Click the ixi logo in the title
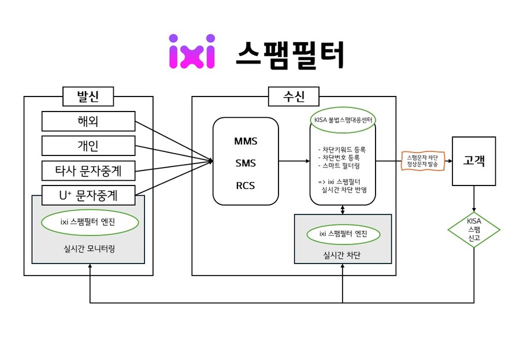click(x=192, y=51)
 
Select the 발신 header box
click(x=88, y=97)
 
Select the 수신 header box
click(x=294, y=97)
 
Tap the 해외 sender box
click(x=88, y=121)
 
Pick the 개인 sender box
click(x=88, y=146)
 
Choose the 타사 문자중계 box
click(x=88, y=170)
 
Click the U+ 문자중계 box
click(x=88, y=195)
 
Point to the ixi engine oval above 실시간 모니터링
click(x=90, y=222)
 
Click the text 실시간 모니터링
click(x=89, y=249)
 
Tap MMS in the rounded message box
click(x=246, y=142)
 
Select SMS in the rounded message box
click(x=246, y=164)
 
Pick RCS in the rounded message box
click(x=246, y=185)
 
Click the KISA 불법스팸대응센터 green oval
click(x=343, y=120)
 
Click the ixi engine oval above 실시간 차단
click(x=343, y=234)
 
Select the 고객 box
click(x=474, y=161)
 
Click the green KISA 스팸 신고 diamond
click(x=474, y=229)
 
